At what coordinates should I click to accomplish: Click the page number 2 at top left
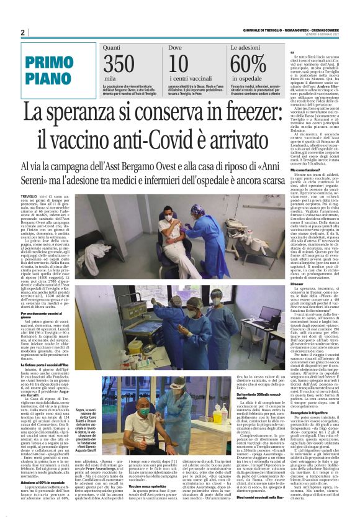tap(23, 32)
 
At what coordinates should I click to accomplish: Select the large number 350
tap(119, 64)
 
